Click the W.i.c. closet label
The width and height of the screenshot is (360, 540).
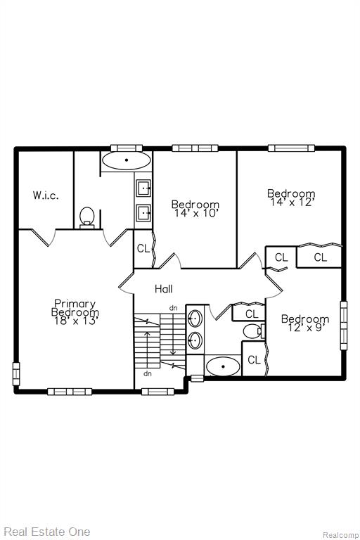pyautogui.click(x=46, y=195)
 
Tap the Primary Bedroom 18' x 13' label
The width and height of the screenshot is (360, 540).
pyautogui.click(x=75, y=312)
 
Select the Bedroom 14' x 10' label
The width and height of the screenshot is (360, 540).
pyautogui.click(x=195, y=209)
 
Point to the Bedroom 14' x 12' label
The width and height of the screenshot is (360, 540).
pyautogui.click(x=291, y=198)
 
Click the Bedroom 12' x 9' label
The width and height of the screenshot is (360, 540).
pyautogui.click(x=305, y=323)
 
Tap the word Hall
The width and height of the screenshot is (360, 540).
pyautogui.click(x=164, y=288)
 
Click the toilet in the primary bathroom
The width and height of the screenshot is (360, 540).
pyautogui.click(x=86, y=218)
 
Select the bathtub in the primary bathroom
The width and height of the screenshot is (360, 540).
pyautogui.click(x=127, y=160)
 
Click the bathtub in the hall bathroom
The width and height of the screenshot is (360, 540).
pyautogui.click(x=223, y=366)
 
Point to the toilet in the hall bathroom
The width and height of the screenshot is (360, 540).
pyautogui.click(x=254, y=331)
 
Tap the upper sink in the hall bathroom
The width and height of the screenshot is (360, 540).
pyautogui.click(x=195, y=319)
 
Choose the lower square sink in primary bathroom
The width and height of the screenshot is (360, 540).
pyautogui.click(x=143, y=212)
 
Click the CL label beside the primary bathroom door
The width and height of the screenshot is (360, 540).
pyautogui.click(x=143, y=248)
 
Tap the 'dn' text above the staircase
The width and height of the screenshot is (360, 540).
pyautogui.click(x=173, y=308)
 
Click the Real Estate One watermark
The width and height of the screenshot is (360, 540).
pyautogui.click(x=47, y=532)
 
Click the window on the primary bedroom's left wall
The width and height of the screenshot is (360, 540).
pyautogui.click(x=16, y=373)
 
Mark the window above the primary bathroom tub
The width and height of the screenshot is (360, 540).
pyautogui.click(x=127, y=148)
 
